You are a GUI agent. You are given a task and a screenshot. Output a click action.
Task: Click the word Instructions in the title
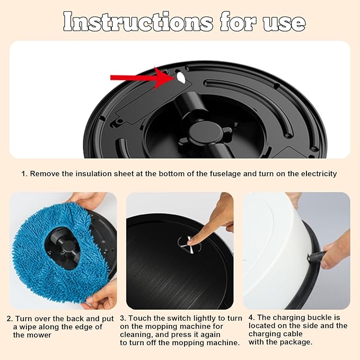tap(138, 22)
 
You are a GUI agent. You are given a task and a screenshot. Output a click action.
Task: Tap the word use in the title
tap(284, 24)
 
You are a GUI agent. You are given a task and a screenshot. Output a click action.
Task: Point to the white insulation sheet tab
tap(181, 77)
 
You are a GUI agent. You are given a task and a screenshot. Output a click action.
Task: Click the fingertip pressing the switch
tap(191, 242)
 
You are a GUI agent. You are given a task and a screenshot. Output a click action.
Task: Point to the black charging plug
tap(317, 256)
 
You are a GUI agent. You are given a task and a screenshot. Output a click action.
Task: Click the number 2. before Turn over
tap(10, 319)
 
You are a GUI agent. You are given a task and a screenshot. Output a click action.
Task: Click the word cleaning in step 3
tap(135, 335)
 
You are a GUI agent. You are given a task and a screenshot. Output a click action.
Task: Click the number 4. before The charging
tap(252, 318)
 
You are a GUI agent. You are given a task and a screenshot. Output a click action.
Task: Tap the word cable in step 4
tap(293, 334)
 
